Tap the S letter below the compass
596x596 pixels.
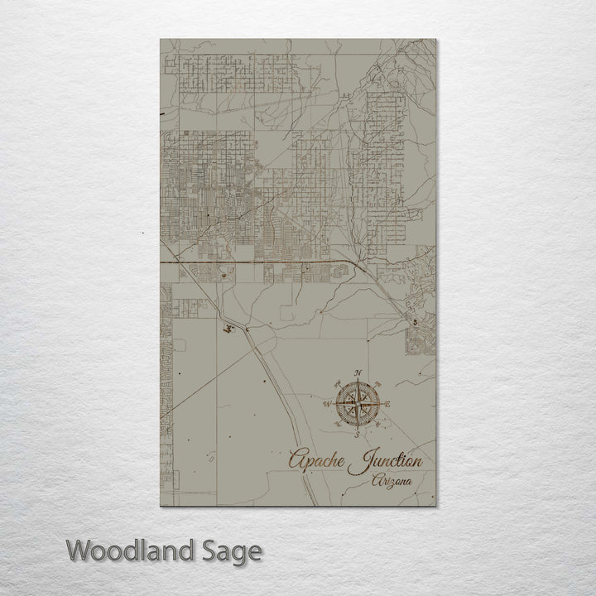(x=357, y=434)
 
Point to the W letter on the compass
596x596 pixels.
(x=327, y=404)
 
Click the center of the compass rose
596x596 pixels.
(x=358, y=404)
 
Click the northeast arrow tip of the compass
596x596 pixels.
(x=378, y=383)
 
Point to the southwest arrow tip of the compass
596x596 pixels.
(x=337, y=425)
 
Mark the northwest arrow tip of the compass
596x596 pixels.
(x=337, y=383)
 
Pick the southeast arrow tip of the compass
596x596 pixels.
(x=378, y=425)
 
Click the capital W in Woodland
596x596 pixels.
(x=79, y=549)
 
